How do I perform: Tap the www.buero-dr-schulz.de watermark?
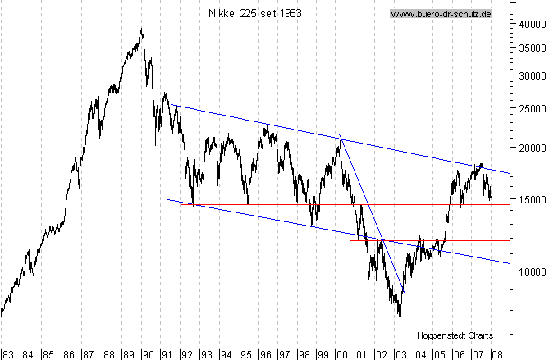point(440,14)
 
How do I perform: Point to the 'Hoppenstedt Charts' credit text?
point(455,335)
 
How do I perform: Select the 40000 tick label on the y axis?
point(528,24)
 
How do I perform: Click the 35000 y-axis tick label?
point(528,48)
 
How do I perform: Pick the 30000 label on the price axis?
point(528,75)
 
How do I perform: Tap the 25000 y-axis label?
point(528,108)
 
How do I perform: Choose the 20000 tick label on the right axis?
point(528,148)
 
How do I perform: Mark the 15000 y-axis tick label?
point(528,199)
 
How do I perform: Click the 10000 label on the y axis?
point(528,271)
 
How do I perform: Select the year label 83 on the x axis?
point(8,355)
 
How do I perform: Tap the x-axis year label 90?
point(148,355)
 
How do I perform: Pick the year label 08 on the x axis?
point(497,355)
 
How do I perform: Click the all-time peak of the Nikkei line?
point(142,30)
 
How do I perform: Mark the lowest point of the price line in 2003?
point(400,317)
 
